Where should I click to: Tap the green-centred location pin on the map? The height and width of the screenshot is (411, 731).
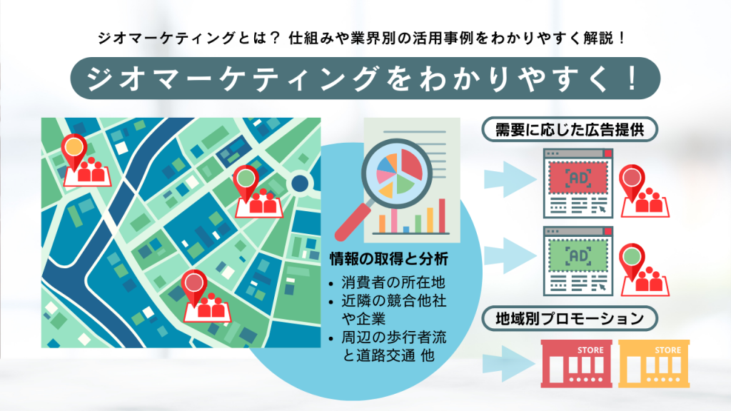tap(246, 176)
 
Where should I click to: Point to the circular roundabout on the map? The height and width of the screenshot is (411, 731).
tap(299, 183)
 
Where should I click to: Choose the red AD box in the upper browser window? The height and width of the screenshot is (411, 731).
tap(575, 178)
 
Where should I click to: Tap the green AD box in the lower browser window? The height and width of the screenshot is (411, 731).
tap(575, 255)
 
